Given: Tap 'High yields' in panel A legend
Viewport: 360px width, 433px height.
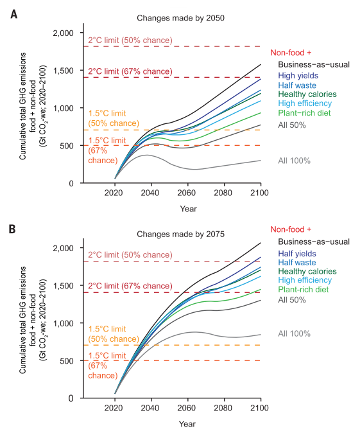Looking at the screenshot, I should click(x=299, y=75).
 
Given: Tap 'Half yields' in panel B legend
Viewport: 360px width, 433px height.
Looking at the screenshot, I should click(x=298, y=253).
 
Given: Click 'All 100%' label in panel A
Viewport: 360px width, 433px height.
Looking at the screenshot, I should click(x=294, y=160).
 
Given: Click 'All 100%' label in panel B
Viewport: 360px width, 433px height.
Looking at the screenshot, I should click(x=294, y=333).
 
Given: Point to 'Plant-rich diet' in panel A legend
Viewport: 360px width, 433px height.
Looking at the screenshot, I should click(x=305, y=114).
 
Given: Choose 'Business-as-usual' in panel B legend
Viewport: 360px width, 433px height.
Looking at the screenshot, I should click(x=313, y=242).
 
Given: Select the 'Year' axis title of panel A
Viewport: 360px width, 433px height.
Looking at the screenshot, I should click(x=187, y=209).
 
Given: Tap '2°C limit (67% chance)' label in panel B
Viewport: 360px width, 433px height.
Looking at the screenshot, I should click(x=130, y=286).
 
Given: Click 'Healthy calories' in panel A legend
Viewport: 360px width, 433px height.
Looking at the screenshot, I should click(x=307, y=94).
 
